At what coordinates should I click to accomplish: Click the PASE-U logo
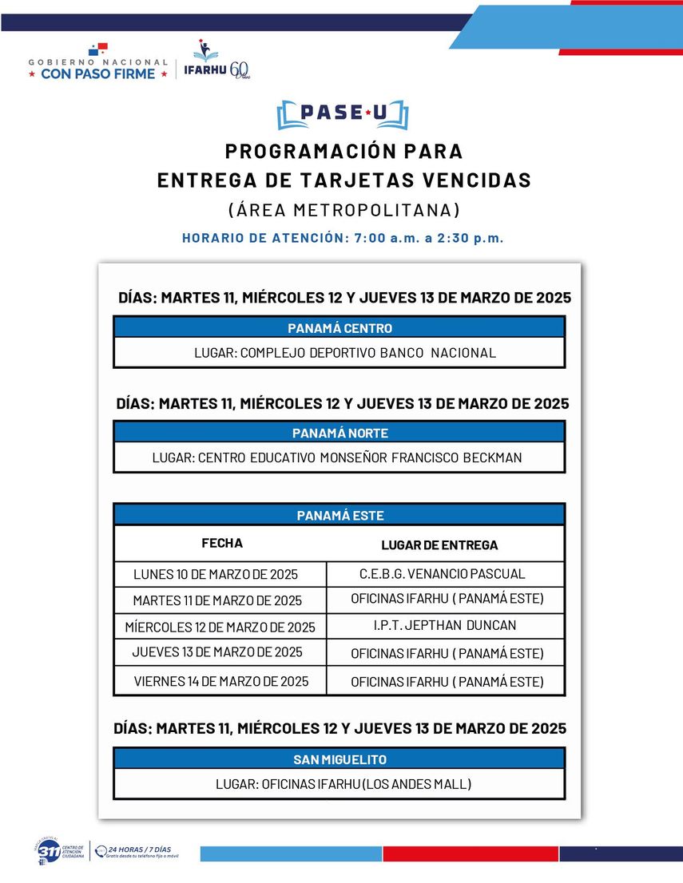(x=342, y=114)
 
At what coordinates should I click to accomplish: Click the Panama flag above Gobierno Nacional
(x=97, y=50)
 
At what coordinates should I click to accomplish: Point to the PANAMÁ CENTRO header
(x=340, y=328)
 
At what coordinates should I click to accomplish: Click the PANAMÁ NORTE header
(x=340, y=433)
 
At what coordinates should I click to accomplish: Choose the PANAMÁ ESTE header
(x=340, y=515)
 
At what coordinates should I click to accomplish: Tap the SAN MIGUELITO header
(x=340, y=759)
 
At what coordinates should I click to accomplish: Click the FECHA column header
(x=222, y=544)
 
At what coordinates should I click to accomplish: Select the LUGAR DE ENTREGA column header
(x=439, y=545)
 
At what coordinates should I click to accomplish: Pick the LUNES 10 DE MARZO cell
(x=216, y=574)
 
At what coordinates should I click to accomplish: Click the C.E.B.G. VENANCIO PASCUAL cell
(x=443, y=574)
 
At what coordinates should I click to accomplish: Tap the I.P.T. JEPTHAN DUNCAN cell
(x=445, y=625)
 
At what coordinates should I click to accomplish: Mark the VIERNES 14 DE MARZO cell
(x=221, y=682)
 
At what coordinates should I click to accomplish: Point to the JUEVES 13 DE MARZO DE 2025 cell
(x=217, y=652)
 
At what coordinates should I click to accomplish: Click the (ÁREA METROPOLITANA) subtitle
(x=343, y=210)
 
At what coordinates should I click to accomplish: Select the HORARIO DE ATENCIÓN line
(x=343, y=238)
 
